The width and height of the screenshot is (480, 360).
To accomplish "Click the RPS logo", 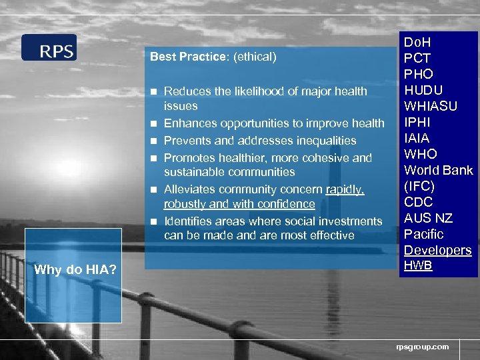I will click(49, 48).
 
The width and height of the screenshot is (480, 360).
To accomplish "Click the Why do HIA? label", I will click(74, 270).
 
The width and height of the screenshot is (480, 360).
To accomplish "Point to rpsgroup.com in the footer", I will click(422, 347).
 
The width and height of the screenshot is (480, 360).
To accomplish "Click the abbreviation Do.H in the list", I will click(417, 43).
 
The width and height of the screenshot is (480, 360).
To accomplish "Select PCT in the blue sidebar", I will click(417, 59).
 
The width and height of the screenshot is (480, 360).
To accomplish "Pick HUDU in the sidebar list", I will click(423, 90).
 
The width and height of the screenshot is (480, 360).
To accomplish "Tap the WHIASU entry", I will click(431, 106).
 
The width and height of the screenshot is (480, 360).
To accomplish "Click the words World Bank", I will click(438, 170).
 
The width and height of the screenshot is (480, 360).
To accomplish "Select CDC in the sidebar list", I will click(419, 202).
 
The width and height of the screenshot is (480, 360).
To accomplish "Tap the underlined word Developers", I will click(437, 250).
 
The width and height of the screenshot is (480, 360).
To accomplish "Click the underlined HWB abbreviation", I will click(418, 265).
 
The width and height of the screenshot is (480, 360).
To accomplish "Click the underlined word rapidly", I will click(345, 189).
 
